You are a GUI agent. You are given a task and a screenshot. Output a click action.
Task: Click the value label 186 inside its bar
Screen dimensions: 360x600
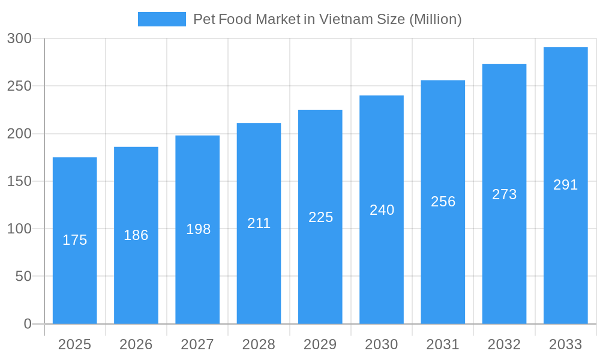[x=136, y=235]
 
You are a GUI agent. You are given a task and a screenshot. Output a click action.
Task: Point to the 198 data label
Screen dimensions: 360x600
[x=197, y=229]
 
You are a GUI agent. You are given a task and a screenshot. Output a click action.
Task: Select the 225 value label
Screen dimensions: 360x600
[x=320, y=217]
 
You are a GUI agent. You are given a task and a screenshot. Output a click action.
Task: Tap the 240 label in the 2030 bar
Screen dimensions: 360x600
[x=382, y=210]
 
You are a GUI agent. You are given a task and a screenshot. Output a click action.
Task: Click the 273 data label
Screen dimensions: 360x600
[x=504, y=194]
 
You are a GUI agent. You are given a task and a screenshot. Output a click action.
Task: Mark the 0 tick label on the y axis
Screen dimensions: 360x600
[x=28, y=324]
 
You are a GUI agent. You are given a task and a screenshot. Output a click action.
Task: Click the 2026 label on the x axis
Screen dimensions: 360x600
[x=136, y=344]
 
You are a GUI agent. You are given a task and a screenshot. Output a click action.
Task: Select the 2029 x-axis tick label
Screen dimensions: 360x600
[x=320, y=344]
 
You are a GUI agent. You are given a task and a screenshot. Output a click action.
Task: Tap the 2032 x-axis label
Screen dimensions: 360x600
[x=504, y=344]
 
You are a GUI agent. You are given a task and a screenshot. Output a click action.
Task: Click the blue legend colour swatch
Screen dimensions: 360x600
[x=162, y=19]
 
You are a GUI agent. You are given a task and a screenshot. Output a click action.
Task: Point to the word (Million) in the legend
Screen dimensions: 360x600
[x=435, y=19]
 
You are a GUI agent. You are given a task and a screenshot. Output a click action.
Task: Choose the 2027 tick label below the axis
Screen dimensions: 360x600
[x=197, y=344]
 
